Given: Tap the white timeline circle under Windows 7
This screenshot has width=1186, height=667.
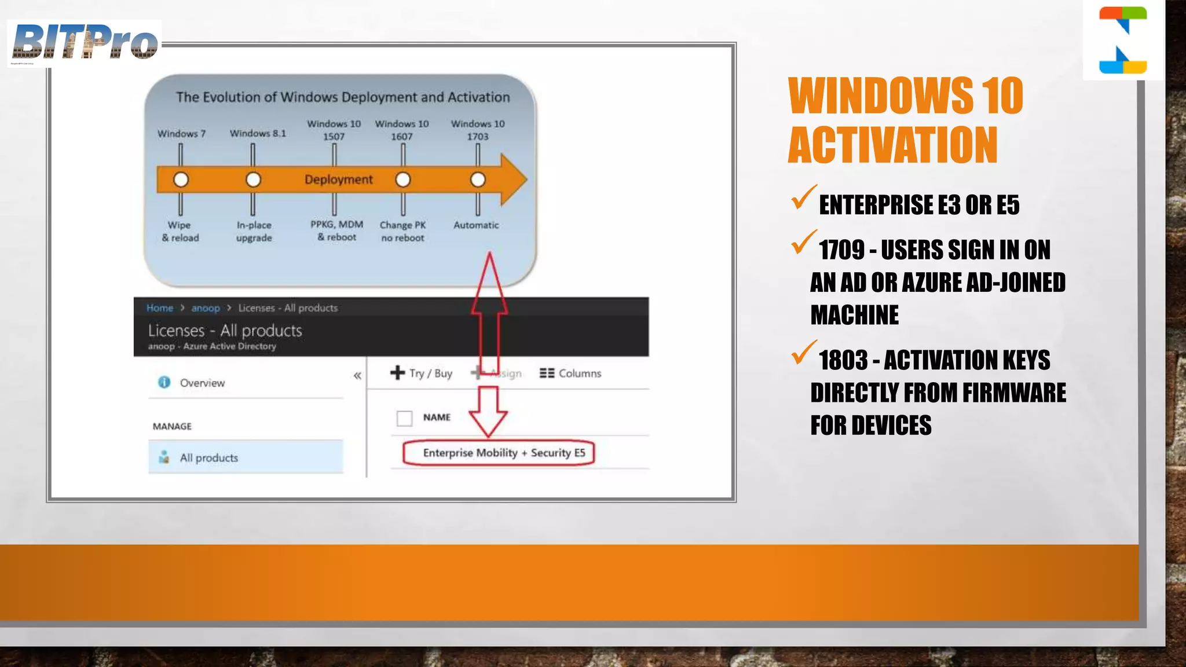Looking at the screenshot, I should [181, 179].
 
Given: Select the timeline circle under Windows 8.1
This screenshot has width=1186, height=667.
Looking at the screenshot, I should [253, 179].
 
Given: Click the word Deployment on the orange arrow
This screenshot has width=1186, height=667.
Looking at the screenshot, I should [339, 179].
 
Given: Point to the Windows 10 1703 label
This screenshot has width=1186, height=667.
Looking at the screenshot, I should [478, 130].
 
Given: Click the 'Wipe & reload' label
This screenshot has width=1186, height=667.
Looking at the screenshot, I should [180, 231].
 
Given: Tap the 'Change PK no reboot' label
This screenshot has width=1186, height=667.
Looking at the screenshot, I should [402, 231].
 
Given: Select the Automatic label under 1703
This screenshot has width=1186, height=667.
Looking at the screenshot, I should [476, 225].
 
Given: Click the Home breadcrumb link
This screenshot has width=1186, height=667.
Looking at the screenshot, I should [160, 308].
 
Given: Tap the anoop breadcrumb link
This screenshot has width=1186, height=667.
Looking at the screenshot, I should [206, 308].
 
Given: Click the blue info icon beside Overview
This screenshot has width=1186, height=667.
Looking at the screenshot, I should [164, 382].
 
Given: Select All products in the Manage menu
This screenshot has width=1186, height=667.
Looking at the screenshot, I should [208, 457].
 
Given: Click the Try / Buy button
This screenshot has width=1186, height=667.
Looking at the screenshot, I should [422, 373].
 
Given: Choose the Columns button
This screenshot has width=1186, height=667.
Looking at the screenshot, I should [570, 373].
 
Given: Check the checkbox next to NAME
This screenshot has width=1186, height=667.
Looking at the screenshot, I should [404, 417].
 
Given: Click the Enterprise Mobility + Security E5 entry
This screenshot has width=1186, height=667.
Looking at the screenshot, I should [504, 453].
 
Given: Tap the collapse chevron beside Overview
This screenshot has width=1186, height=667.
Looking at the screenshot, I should [357, 376].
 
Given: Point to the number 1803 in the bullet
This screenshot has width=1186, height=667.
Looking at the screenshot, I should [843, 360].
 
